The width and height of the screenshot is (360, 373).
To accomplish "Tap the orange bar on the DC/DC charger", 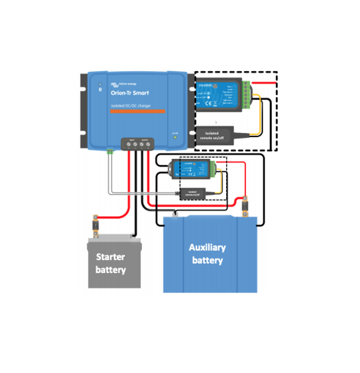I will [x=138, y=111].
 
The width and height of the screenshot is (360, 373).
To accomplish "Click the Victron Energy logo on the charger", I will [x=124, y=84].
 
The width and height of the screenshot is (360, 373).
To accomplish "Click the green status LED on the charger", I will [x=175, y=137].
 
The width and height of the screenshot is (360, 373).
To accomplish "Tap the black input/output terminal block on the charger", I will [x=138, y=143].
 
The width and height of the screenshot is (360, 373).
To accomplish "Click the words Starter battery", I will [x=110, y=263].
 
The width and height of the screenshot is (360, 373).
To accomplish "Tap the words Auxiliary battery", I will [x=207, y=254].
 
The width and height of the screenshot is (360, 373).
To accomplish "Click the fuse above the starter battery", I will [x=95, y=225].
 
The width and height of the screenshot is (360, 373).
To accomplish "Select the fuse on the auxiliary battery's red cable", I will [x=245, y=206].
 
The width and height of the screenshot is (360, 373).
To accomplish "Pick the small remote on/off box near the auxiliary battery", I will [x=195, y=193].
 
